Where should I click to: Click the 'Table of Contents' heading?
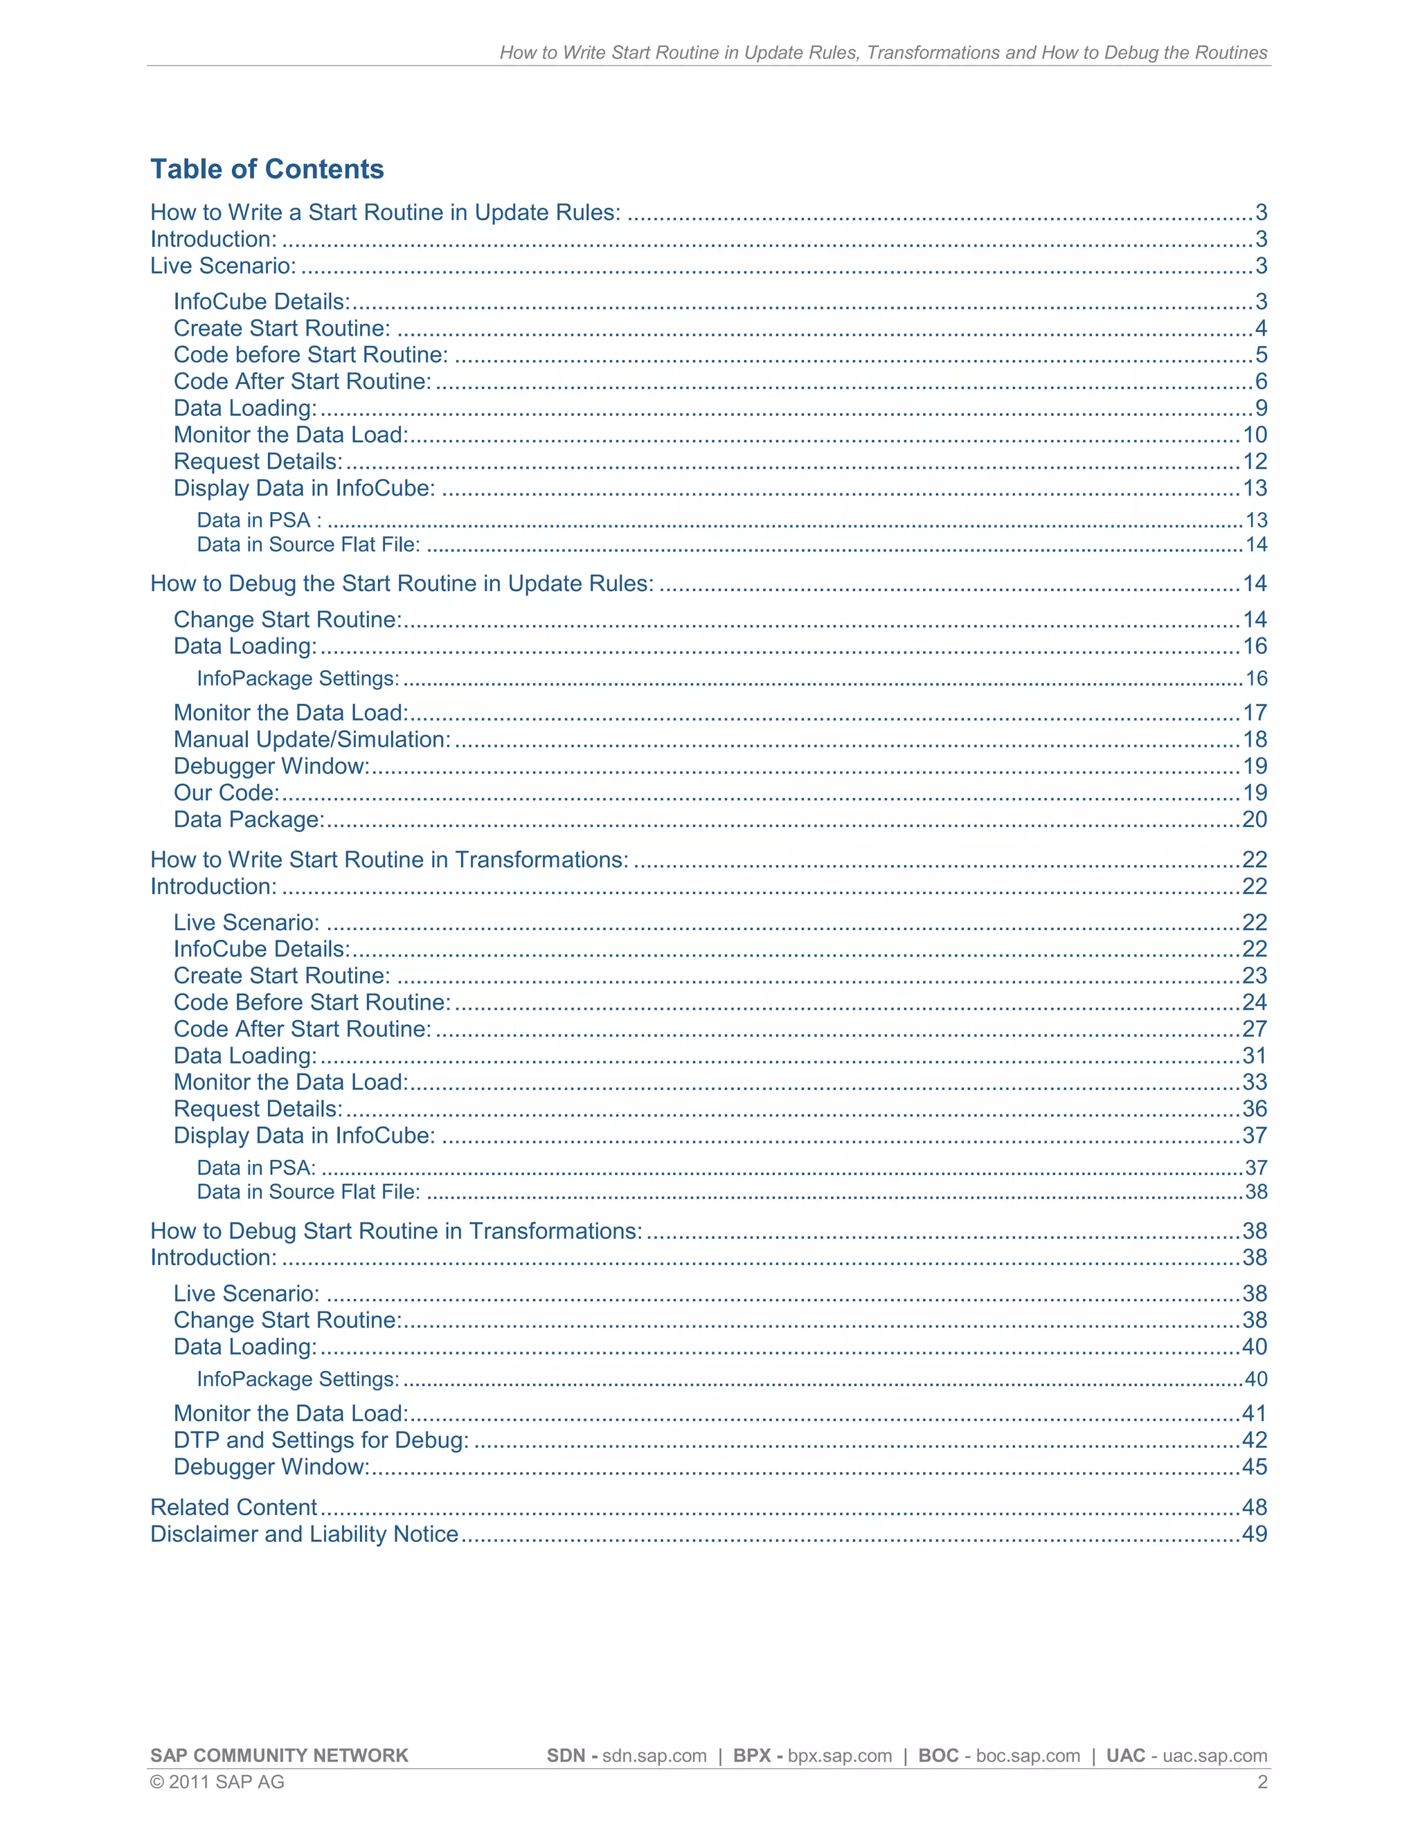tap(267, 170)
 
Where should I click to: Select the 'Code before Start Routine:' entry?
tap(310, 355)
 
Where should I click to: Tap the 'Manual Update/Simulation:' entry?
tap(312, 740)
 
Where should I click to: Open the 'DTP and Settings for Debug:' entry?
tap(321, 1440)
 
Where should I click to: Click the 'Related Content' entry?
tap(233, 1507)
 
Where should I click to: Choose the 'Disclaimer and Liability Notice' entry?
tap(304, 1534)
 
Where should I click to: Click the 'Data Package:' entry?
tap(249, 819)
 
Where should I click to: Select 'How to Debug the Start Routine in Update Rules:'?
tap(402, 583)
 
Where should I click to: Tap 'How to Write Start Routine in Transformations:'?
tap(389, 860)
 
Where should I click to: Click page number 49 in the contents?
tap(1254, 1534)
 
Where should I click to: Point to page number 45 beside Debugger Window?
tap(1254, 1467)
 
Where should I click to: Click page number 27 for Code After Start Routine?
tap(1254, 1030)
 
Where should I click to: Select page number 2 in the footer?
tap(1262, 1783)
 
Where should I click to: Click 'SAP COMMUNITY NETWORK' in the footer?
tap(279, 1756)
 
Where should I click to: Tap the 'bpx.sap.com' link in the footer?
tap(839, 1756)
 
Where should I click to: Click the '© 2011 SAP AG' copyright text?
tap(217, 1783)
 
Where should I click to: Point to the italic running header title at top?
tap(883, 53)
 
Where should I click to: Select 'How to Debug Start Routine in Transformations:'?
tap(395, 1231)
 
